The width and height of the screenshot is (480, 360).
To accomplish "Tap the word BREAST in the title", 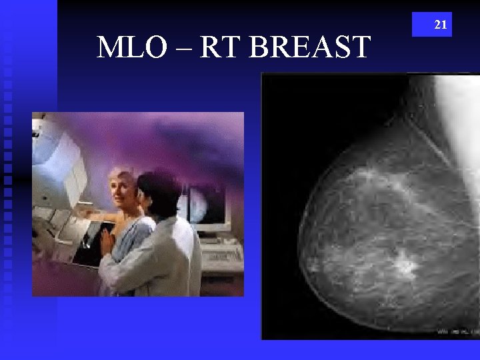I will click(313, 48).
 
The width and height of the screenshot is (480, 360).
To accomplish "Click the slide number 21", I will click(441, 25).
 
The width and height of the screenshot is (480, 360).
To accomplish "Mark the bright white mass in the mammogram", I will click(404, 266).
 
